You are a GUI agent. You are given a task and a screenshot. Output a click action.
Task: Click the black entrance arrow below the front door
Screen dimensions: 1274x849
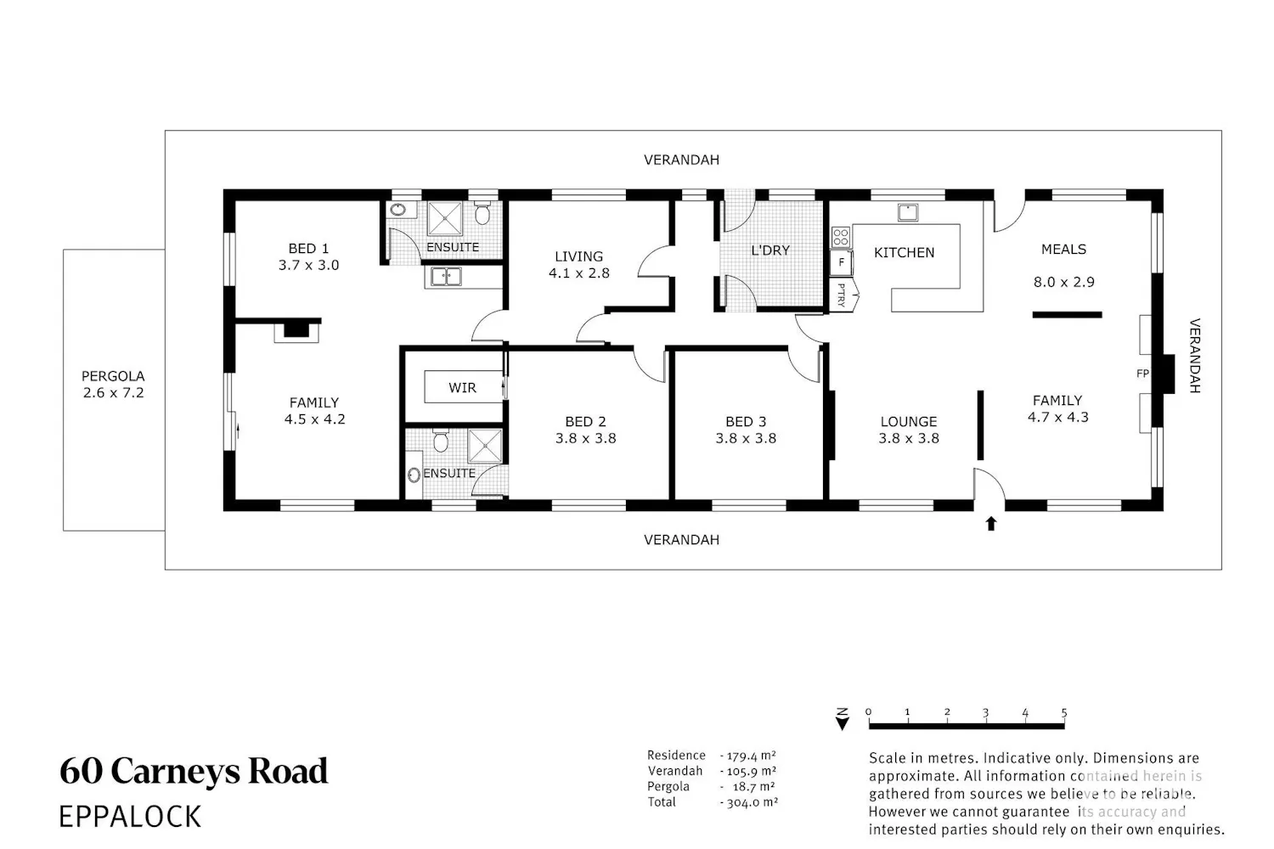991,523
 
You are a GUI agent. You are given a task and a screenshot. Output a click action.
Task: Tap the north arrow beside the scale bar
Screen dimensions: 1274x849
843,719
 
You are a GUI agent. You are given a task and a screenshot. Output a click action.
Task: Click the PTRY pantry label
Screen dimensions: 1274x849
842,295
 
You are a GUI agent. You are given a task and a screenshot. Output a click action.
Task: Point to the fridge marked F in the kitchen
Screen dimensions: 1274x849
841,263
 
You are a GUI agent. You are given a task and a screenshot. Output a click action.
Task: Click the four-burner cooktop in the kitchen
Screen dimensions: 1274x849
841,237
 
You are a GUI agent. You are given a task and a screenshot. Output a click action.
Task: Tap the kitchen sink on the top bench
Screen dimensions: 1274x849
908,212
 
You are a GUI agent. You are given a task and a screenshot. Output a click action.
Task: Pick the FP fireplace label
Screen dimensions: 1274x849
1142,374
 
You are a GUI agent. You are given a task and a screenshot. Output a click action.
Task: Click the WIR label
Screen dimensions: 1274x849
462,388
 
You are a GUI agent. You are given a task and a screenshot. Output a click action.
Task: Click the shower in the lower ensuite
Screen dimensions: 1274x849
485,446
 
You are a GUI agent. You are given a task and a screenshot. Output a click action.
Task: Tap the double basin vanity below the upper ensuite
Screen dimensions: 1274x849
446,277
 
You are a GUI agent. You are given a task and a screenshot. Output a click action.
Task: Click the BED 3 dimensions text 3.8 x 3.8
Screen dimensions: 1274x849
746,438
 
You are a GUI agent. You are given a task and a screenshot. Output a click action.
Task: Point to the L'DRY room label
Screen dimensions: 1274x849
770,250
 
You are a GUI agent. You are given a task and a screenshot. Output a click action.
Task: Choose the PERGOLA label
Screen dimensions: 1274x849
113,376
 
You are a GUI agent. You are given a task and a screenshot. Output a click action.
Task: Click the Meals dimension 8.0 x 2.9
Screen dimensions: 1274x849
1063,282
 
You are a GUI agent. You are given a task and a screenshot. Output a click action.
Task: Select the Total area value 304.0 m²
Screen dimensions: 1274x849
750,802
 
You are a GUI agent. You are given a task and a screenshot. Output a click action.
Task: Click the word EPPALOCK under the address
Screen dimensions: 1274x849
130,817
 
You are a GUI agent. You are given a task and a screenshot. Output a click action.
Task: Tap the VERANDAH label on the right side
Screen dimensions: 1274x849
1195,356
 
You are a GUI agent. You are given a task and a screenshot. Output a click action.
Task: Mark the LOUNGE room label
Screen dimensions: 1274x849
908,422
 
